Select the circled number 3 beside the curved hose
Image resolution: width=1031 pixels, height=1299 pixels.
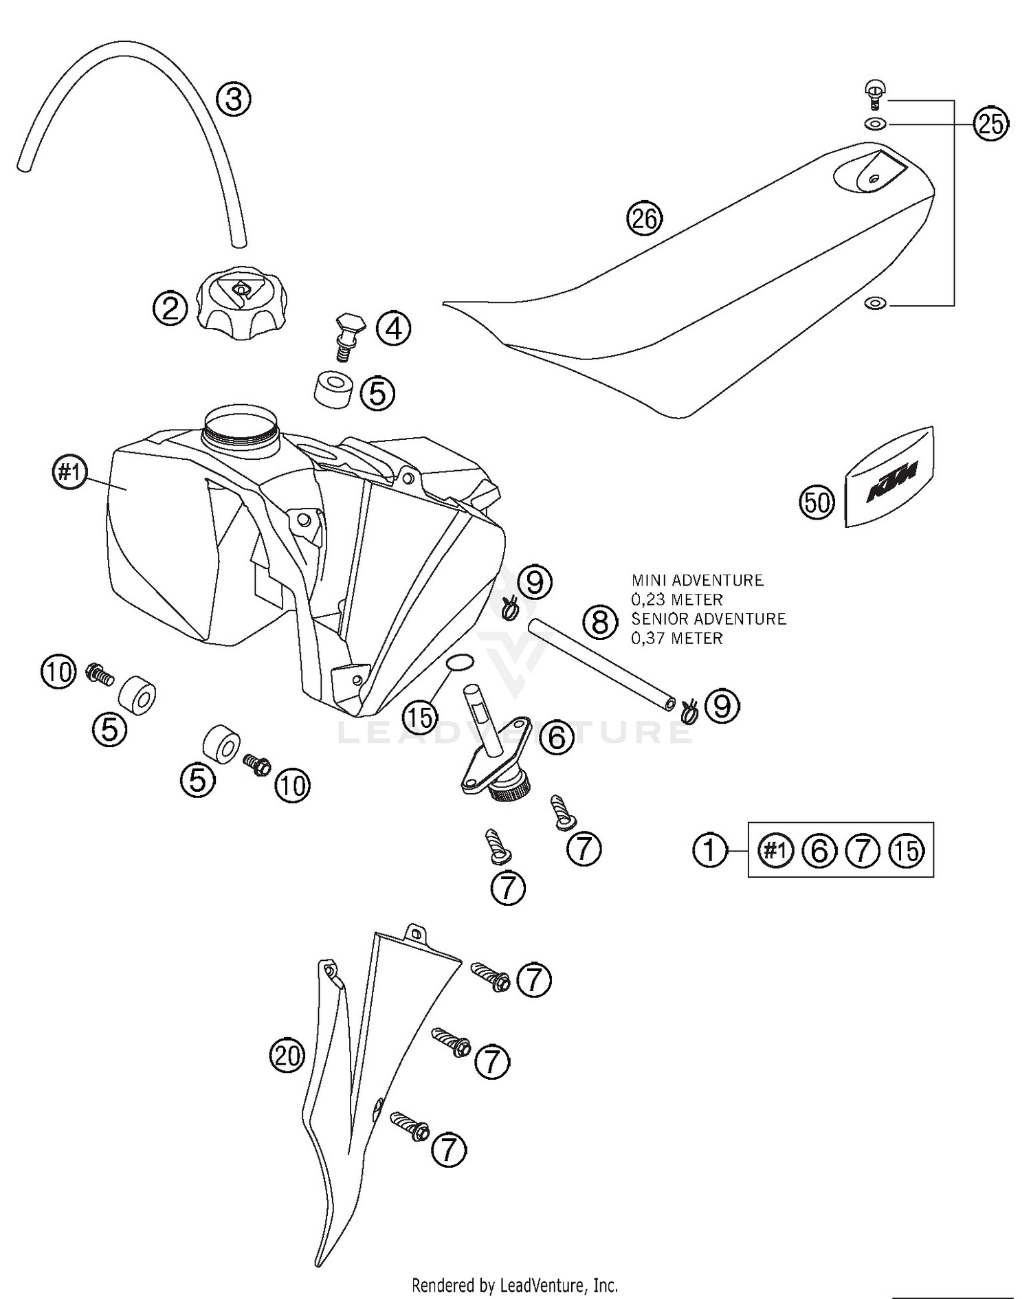tap(234, 99)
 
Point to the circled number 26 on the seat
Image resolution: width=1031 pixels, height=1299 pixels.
tap(644, 219)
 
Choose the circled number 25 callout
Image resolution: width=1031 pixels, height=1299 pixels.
tap(991, 124)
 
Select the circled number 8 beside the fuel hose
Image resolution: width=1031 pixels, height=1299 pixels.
tap(600, 621)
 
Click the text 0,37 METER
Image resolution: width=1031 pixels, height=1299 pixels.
tap(677, 639)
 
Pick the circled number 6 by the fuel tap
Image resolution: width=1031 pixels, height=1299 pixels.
tap(556, 737)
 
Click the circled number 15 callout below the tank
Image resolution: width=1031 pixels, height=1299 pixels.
tap(421, 718)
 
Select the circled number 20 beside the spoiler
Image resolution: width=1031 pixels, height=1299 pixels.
tap(287, 1055)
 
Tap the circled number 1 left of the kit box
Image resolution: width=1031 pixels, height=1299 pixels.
tap(709, 851)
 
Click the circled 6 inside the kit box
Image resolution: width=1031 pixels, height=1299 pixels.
tap(819, 851)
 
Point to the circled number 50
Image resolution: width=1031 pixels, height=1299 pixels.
tap(817, 503)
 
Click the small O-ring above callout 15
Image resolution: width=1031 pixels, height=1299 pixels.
tap(459, 662)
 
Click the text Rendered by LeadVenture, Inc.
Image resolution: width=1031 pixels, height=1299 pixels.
tap(514, 1284)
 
